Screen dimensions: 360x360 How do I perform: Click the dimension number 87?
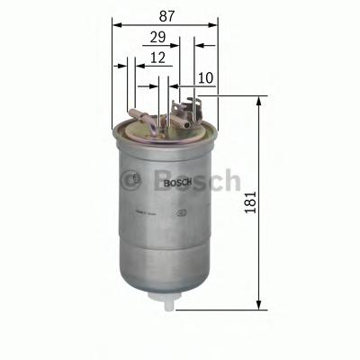coord(165,13)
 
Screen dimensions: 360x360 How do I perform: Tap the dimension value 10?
coord(204,79)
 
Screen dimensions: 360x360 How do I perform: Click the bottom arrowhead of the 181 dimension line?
coord(259,306)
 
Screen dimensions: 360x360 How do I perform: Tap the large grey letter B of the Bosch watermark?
coord(165,180)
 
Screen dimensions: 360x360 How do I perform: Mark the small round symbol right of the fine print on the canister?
coord(183,213)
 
